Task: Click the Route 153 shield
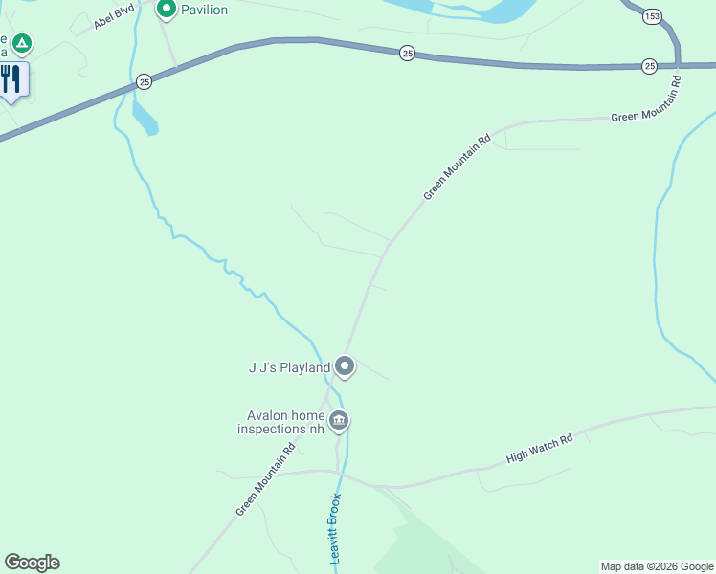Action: tap(653, 16)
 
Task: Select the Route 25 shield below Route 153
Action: tap(650, 66)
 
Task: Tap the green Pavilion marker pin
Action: tap(165, 10)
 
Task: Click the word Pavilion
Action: tap(206, 10)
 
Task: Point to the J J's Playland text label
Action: tap(289, 366)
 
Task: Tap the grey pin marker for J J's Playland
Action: tap(345, 366)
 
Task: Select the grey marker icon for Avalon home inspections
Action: tap(338, 421)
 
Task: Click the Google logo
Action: tap(32, 563)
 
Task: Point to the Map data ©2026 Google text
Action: tap(657, 566)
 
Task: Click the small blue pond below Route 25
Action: tap(145, 119)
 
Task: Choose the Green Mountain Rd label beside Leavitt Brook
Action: tap(265, 493)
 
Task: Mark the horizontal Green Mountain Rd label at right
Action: tap(651, 117)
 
